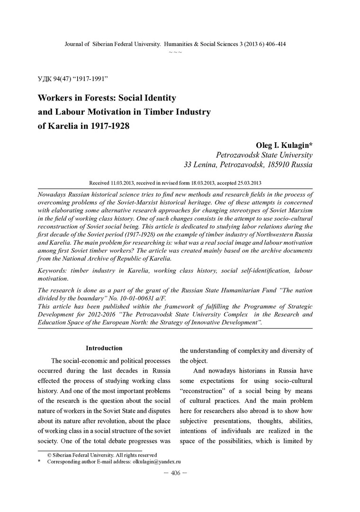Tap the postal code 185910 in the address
(x=274, y=165)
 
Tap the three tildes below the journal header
(x=175, y=51)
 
